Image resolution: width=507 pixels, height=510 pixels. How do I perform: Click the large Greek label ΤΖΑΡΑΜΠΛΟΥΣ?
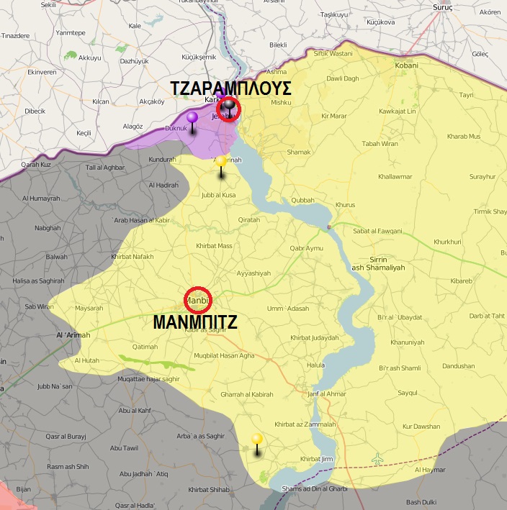[230, 88]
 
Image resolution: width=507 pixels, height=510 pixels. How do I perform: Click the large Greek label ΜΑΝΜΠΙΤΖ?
[195, 323]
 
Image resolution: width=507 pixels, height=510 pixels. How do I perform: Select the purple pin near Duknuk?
[192, 118]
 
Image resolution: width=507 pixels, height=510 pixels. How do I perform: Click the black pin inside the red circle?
[229, 107]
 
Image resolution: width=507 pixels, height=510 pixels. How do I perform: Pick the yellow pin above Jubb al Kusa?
[221, 161]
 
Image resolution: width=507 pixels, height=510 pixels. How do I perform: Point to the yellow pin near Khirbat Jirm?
[256, 440]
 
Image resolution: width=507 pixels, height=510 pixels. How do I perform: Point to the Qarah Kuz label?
[35, 164]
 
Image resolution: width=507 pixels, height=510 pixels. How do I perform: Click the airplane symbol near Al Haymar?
[377, 458]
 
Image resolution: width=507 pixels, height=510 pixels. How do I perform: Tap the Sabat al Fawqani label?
[378, 231]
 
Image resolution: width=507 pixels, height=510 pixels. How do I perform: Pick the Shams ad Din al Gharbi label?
[315, 488]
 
